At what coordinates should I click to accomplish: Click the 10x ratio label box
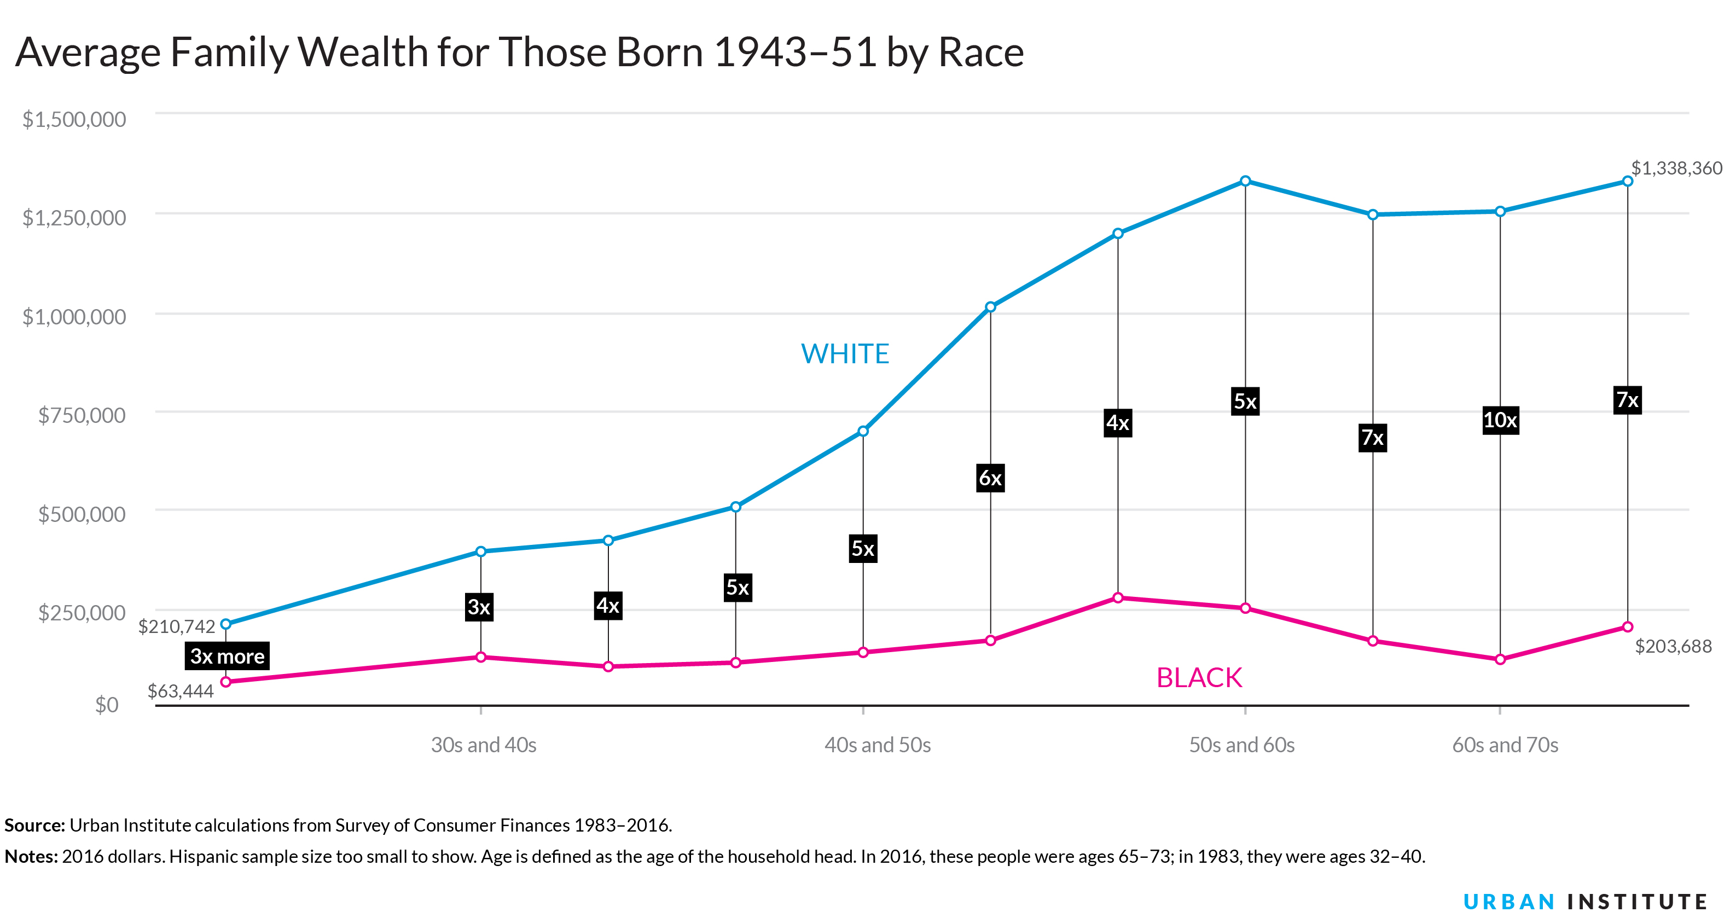coord(1500,421)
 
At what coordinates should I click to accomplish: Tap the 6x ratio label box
coord(990,478)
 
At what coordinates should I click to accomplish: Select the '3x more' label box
coord(227,656)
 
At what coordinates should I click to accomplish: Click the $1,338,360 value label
coord(1676,168)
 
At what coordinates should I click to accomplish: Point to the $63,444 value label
coord(181,691)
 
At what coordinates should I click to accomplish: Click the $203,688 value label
coord(1673,647)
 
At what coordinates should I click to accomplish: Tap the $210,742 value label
coord(177,626)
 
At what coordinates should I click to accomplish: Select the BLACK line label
coord(1199,677)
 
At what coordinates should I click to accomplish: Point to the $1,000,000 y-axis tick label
coord(74,316)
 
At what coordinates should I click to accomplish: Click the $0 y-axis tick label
coord(107,705)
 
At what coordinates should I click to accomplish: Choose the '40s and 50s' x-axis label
coord(878,745)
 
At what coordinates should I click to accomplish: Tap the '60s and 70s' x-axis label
coord(1505,745)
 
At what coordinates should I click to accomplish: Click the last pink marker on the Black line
coord(1628,627)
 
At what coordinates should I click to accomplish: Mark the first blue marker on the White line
coord(226,624)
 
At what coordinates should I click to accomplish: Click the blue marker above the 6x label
coord(990,307)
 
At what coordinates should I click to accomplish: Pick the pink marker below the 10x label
coord(1500,659)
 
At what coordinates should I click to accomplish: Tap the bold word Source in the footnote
coord(34,825)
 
